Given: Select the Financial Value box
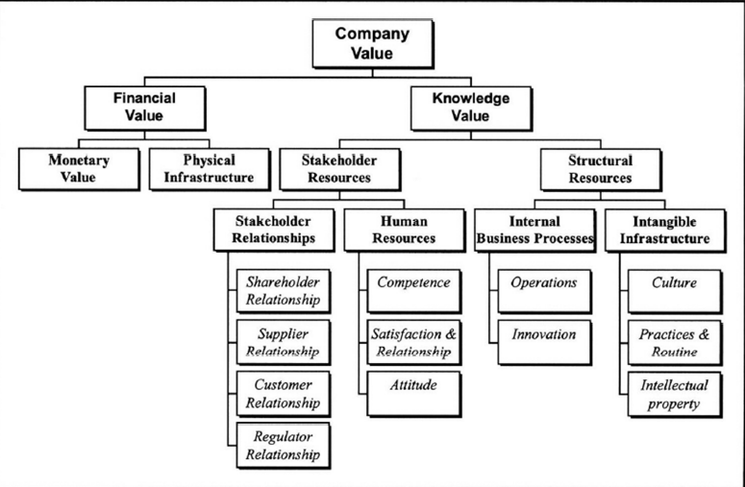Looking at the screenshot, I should tap(144, 108).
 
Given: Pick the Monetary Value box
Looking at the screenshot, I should tap(80, 168).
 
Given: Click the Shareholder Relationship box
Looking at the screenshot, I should tap(283, 289).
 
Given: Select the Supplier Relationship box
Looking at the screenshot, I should tap(283, 341).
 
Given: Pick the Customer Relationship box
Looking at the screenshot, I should tap(283, 393).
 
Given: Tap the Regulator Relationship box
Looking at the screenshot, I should tap(283, 445).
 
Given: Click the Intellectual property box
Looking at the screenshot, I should tap(674, 393).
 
